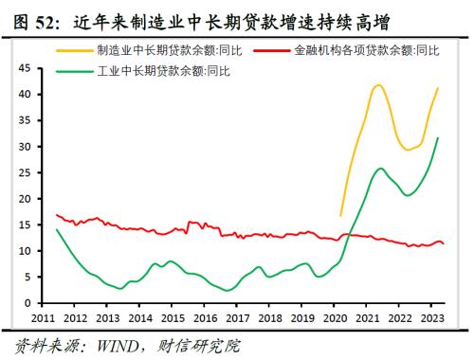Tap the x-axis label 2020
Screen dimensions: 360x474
click(x=335, y=317)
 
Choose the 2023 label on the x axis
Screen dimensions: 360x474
click(x=431, y=317)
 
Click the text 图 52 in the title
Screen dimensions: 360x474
click(x=29, y=17)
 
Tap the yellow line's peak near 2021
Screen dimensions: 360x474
click(x=378, y=85)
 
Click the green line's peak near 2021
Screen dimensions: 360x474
click(x=380, y=169)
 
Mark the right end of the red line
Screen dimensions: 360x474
click(x=443, y=244)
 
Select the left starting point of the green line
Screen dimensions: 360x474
click(x=56, y=229)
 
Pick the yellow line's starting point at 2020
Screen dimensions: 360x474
click(x=340, y=216)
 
